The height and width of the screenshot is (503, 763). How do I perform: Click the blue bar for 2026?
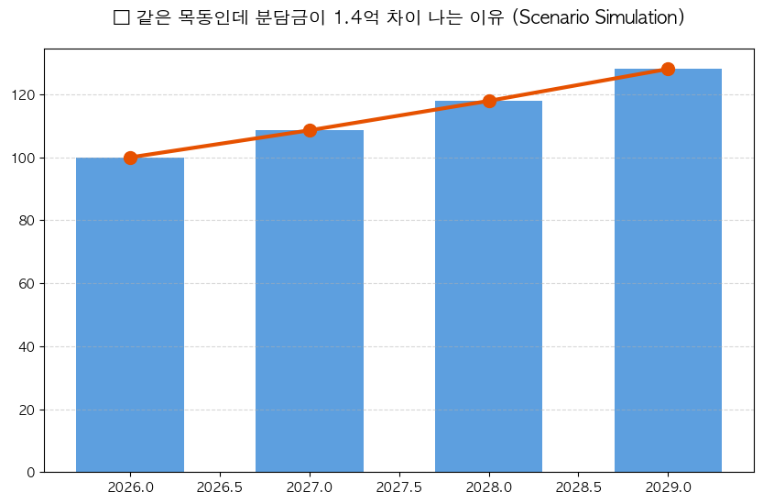pyautogui.click(x=130, y=315)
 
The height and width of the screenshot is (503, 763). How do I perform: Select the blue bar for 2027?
pyautogui.click(x=310, y=301)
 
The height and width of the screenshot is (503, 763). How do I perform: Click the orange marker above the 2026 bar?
pyautogui.click(x=130, y=158)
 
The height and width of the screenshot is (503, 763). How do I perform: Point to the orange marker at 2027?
pyautogui.click(x=310, y=130)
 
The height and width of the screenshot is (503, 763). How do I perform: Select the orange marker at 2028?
pyautogui.click(x=489, y=101)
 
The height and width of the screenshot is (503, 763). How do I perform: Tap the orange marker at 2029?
pyautogui.click(x=668, y=69)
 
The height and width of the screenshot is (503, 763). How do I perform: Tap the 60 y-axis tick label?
pyautogui.click(x=27, y=284)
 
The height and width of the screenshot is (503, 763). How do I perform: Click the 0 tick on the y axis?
pyautogui.click(x=31, y=473)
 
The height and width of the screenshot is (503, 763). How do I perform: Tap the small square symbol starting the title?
pyautogui.click(x=121, y=18)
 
